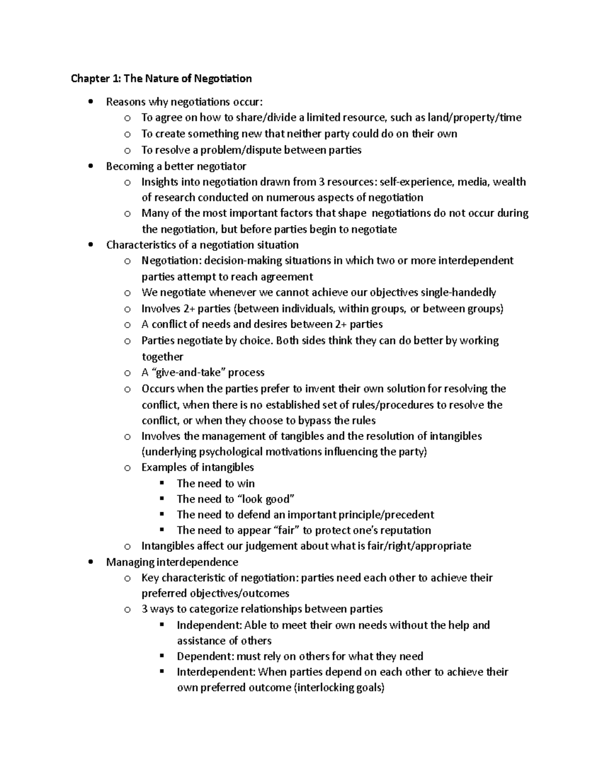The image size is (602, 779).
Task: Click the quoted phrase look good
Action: click(265, 499)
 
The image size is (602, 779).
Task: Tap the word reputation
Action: click(405, 531)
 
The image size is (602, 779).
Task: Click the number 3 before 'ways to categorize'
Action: click(144, 609)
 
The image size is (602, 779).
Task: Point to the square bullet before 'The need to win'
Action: click(162, 484)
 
